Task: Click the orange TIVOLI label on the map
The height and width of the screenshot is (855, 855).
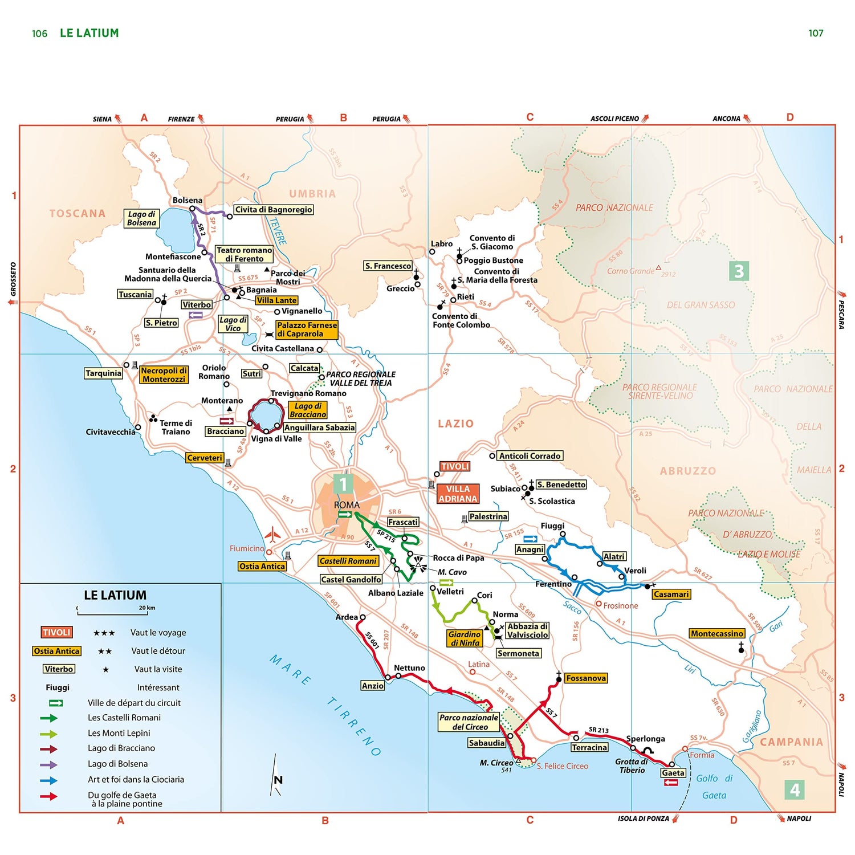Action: [455, 466]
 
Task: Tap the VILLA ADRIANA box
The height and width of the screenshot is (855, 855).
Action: [458, 494]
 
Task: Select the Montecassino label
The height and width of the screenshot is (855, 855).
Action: [717, 633]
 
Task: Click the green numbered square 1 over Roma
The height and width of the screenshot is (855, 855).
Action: [343, 484]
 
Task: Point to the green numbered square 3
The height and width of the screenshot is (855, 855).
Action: [739, 271]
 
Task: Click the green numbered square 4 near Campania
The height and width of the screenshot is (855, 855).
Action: [795, 789]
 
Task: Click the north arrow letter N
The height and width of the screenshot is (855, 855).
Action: [278, 780]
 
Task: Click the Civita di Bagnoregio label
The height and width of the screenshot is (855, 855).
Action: [274, 209]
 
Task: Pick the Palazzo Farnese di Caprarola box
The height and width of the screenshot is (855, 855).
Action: [307, 329]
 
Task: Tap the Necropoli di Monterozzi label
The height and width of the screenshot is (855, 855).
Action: [164, 374]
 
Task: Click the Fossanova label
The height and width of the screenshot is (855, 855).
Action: [585, 678]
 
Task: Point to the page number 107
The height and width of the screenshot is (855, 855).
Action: [816, 33]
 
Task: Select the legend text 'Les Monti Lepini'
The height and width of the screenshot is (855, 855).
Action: [119, 733]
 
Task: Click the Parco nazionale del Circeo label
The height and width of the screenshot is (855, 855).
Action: [469, 722]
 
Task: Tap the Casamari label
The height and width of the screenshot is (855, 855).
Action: [671, 594]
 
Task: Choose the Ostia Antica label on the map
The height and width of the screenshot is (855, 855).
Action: [262, 566]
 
